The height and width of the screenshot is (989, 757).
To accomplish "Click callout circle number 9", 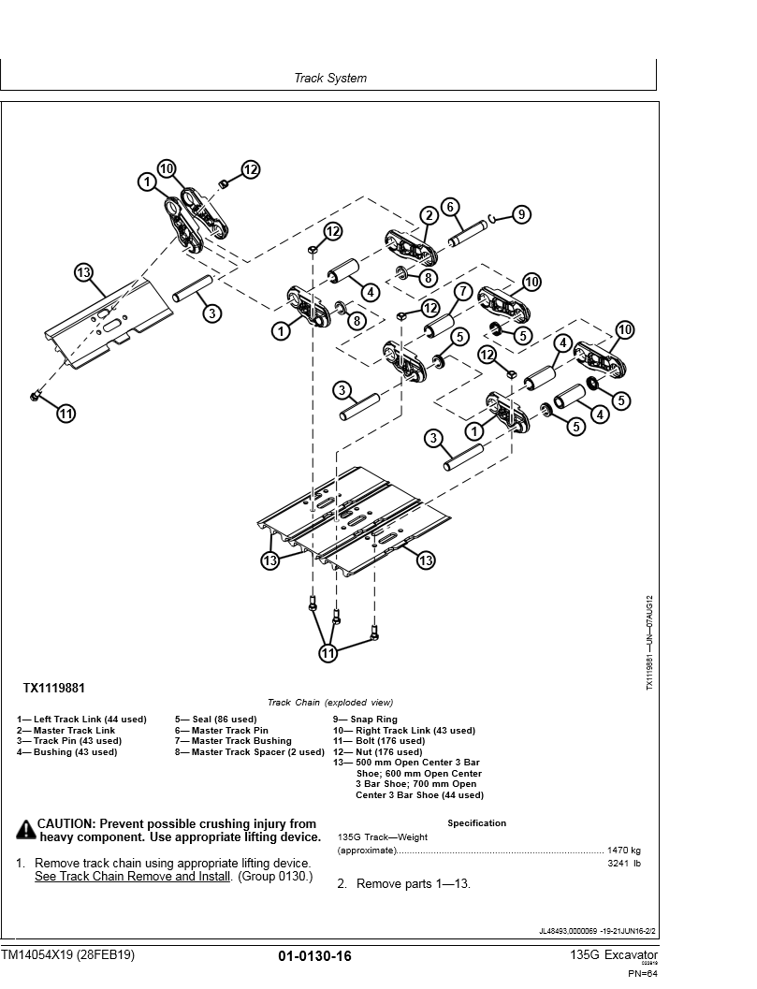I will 521,214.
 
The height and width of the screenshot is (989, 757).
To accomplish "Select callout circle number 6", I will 449,207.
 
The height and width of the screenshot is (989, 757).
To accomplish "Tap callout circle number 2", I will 429,216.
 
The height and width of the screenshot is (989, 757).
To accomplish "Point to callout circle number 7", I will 462,292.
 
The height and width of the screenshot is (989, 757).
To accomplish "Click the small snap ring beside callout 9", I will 498,218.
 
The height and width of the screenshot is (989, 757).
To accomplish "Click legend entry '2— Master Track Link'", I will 66,731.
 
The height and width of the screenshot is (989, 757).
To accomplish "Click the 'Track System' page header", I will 330,79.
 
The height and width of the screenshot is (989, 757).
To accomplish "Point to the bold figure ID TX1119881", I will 53,689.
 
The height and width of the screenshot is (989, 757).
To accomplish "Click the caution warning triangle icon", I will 25,829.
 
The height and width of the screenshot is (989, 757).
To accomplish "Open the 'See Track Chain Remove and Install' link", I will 132,877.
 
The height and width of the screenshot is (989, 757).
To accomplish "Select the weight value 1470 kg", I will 623,851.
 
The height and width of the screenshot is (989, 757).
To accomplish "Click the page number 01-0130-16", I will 314,955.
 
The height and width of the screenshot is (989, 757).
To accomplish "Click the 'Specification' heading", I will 476,823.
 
